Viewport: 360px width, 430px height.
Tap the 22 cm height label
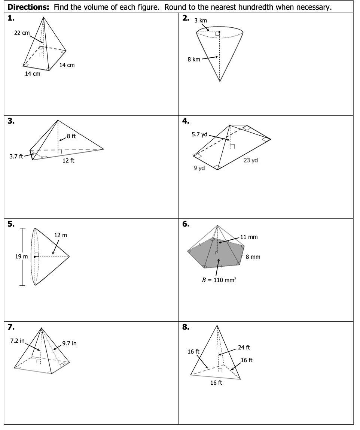click(x=22, y=33)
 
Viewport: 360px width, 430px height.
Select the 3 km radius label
click(x=201, y=20)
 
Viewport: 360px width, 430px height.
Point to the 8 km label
click(x=194, y=59)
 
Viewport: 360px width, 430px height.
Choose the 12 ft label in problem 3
click(x=68, y=160)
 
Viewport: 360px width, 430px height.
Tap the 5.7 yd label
click(x=199, y=134)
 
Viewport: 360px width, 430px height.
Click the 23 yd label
click(x=251, y=160)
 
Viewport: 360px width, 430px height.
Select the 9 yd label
click(x=199, y=168)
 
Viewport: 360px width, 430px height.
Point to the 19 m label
click(x=21, y=257)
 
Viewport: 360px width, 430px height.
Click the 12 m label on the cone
click(x=61, y=235)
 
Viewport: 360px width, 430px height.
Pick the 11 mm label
click(x=249, y=237)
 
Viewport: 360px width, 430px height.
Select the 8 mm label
click(x=253, y=257)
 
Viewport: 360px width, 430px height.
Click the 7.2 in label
click(x=17, y=341)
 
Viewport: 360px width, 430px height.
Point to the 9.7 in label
click(x=69, y=343)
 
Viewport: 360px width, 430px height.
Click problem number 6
click(x=186, y=224)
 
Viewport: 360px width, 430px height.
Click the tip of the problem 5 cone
click(x=69, y=257)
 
